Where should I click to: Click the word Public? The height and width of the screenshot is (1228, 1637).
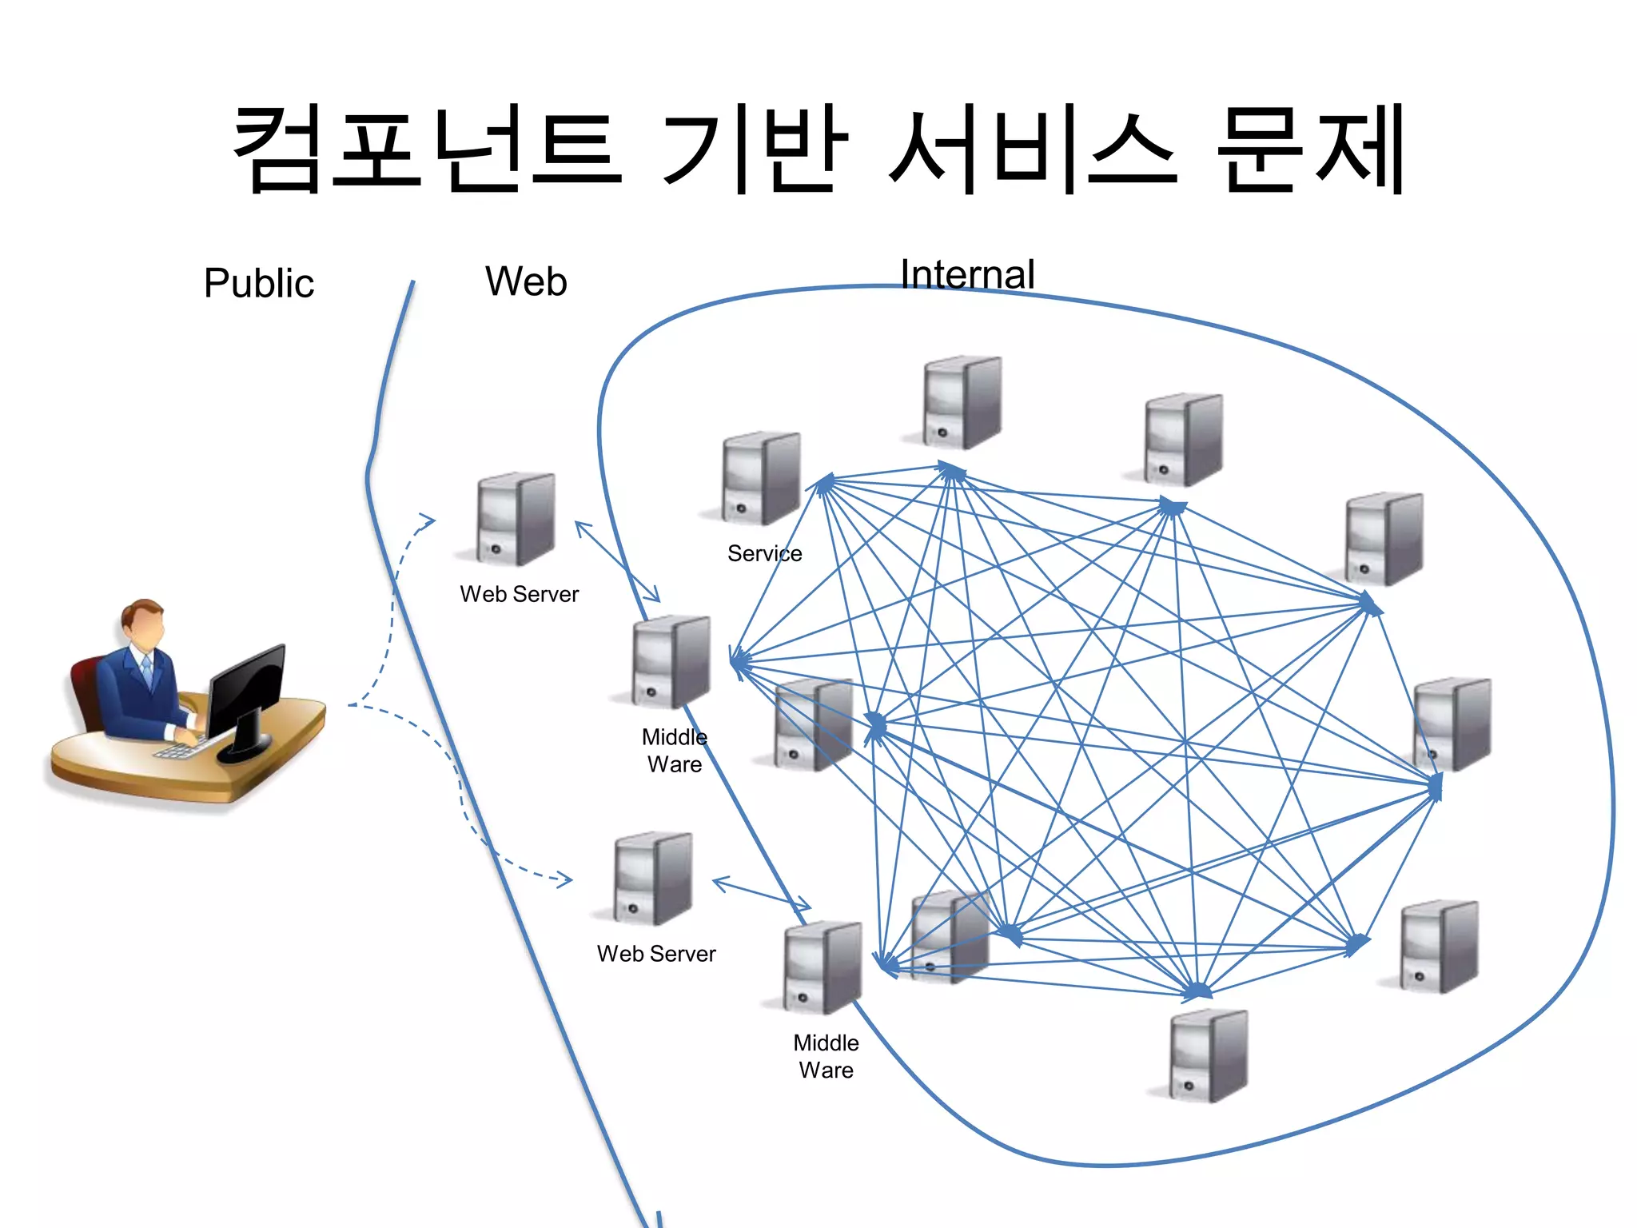(x=259, y=283)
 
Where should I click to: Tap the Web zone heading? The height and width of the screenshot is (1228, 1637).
(x=526, y=281)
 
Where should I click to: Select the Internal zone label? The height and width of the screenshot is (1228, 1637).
(x=967, y=274)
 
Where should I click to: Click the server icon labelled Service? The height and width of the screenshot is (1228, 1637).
(x=760, y=478)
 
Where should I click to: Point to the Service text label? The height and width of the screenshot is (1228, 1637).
(x=764, y=553)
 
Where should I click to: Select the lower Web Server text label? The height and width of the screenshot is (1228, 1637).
(x=656, y=954)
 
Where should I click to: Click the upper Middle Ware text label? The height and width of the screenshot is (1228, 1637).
(x=675, y=750)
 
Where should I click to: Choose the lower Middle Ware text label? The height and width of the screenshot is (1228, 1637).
(x=826, y=1056)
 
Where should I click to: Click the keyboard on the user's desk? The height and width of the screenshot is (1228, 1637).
(x=177, y=750)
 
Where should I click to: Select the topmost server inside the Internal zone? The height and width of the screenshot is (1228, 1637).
(x=962, y=401)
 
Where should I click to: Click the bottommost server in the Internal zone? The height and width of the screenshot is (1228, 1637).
(x=1208, y=1055)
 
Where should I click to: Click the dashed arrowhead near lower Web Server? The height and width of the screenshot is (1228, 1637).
(x=564, y=880)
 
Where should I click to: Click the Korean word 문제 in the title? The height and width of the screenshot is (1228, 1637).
(x=1311, y=150)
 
